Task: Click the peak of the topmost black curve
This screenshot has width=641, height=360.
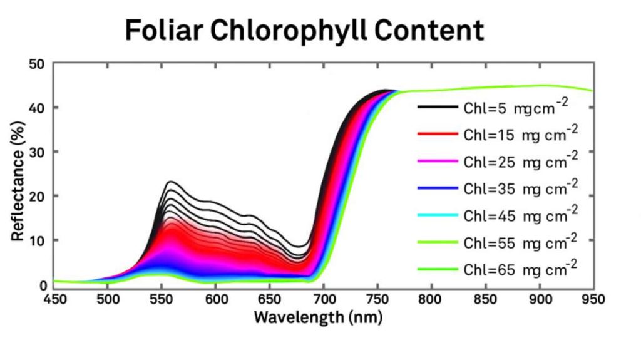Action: click(x=170, y=182)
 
